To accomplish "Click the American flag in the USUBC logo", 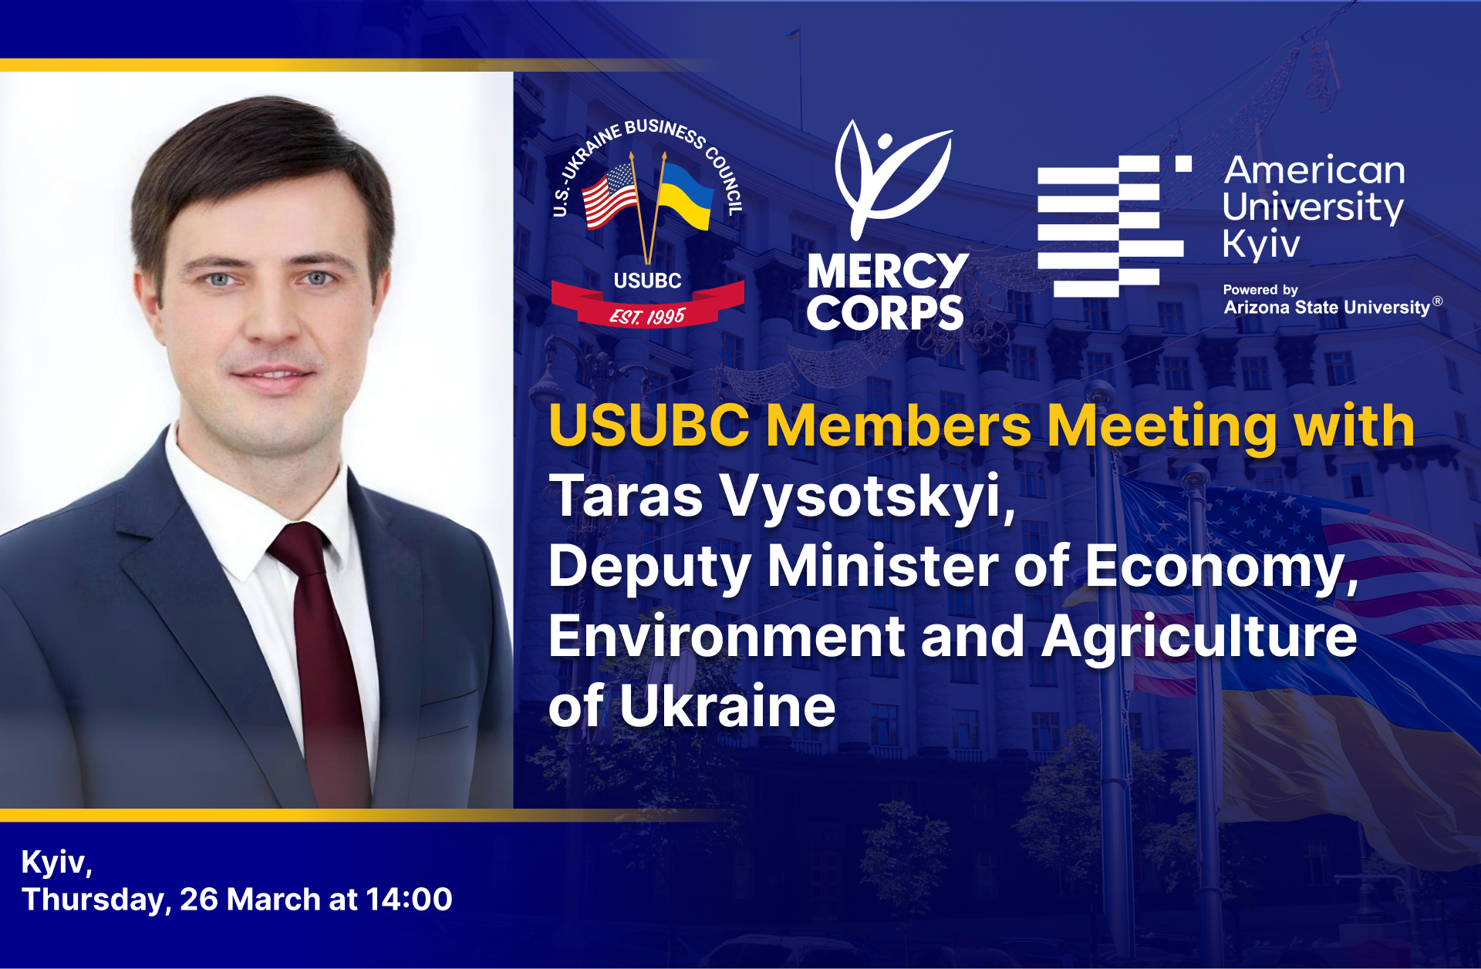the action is (609, 196).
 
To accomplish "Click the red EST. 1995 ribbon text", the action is (647, 316).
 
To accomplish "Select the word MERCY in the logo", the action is (887, 271).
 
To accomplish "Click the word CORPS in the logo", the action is (885, 313).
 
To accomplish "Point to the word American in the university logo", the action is (1314, 170).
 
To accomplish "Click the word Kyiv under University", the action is (1261, 244).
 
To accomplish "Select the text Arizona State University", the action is (1327, 307).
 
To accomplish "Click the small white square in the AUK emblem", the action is (1183, 163).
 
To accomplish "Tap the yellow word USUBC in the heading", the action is (649, 426).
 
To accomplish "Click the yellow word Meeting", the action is (1162, 426).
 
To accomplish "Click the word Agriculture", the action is (1199, 637).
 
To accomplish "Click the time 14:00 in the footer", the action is (409, 900).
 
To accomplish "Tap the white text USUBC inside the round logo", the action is (647, 281).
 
